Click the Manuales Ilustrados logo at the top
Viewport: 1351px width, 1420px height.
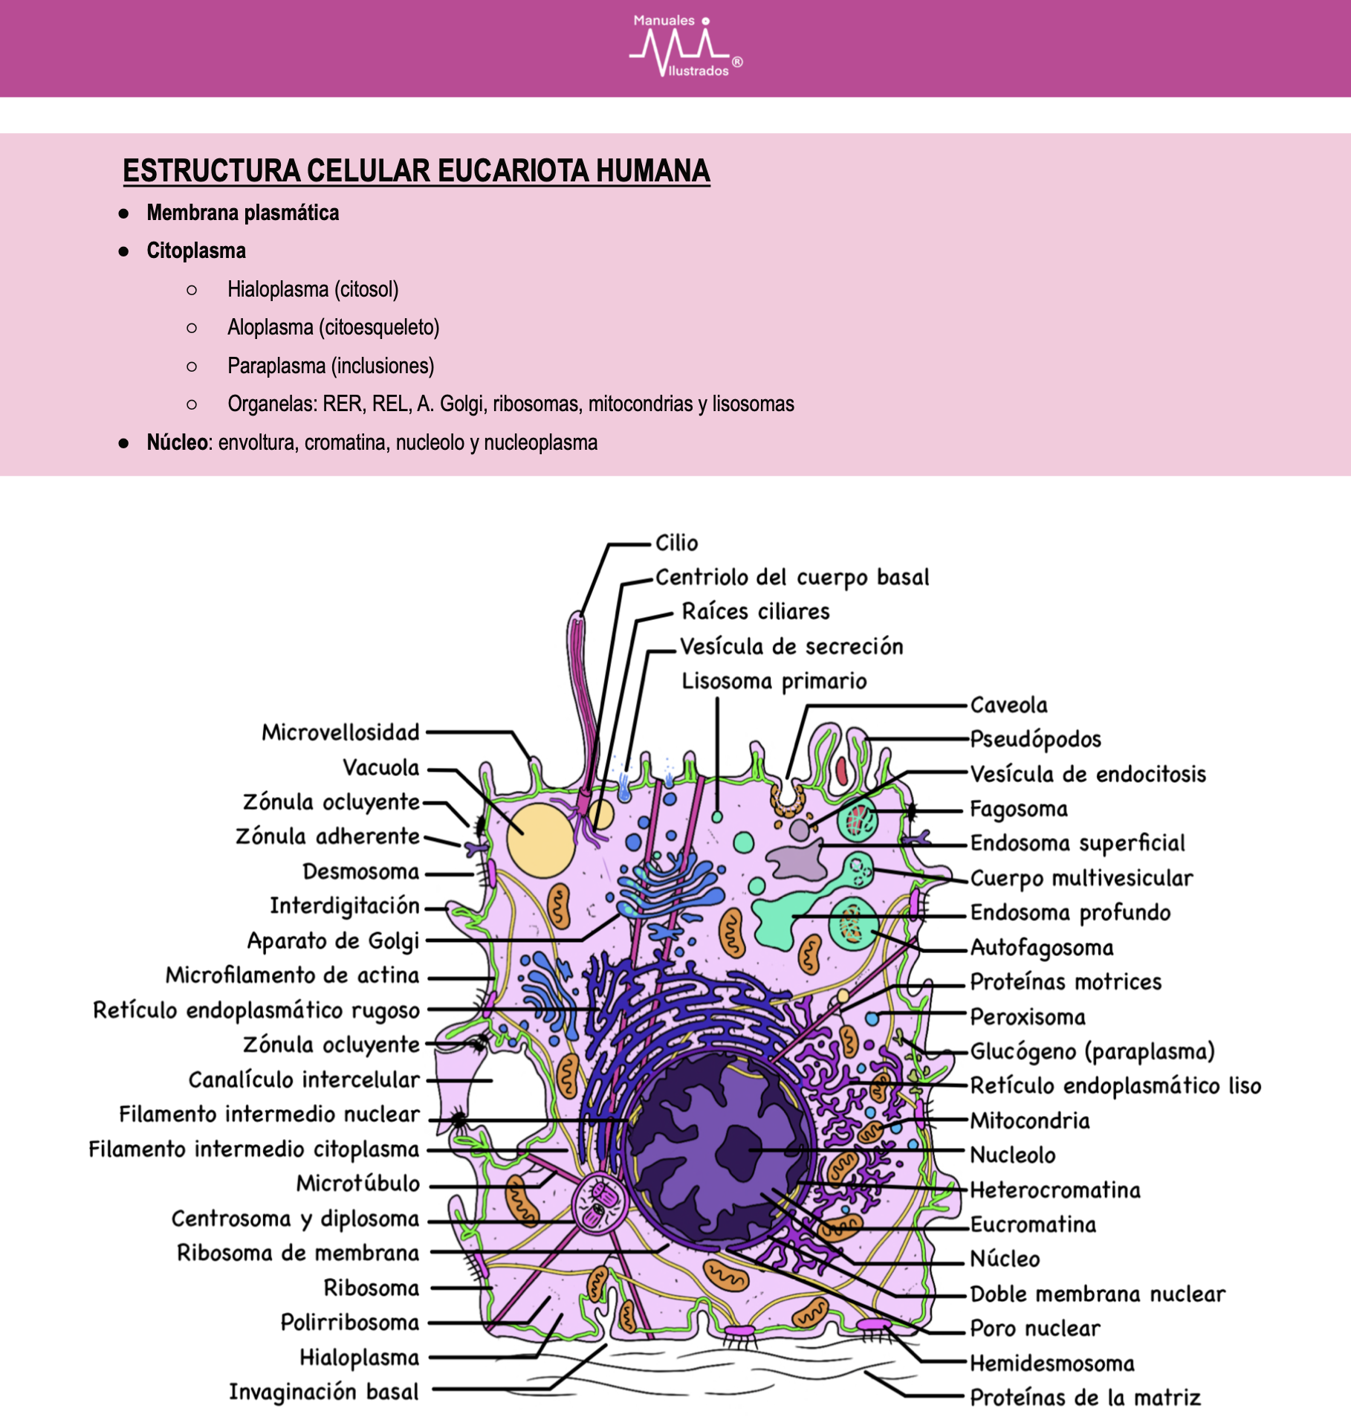click(x=686, y=46)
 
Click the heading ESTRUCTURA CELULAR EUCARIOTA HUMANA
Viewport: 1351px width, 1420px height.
click(x=416, y=171)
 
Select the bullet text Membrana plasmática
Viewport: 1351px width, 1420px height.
click(x=243, y=213)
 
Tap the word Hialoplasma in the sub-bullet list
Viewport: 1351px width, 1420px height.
click(x=278, y=289)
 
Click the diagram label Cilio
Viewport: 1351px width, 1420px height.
click(x=676, y=543)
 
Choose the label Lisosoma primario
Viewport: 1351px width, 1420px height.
click(x=774, y=681)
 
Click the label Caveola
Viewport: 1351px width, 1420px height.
click(x=1009, y=705)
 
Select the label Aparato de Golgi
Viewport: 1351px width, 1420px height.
click(x=334, y=941)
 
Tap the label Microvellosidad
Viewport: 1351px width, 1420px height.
click(x=340, y=732)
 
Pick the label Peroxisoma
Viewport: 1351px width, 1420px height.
click(x=1028, y=1016)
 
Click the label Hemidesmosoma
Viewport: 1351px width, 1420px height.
click(x=1052, y=1363)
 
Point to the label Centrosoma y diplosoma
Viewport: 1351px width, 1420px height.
click(x=296, y=1219)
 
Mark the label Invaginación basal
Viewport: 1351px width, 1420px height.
click(x=324, y=1391)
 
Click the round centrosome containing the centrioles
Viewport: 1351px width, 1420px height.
click(x=600, y=1202)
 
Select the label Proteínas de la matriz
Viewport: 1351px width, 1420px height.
click(x=1086, y=1398)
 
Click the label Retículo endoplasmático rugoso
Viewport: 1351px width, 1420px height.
click(x=256, y=1010)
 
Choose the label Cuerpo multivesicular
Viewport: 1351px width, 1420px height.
click(x=1082, y=878)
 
